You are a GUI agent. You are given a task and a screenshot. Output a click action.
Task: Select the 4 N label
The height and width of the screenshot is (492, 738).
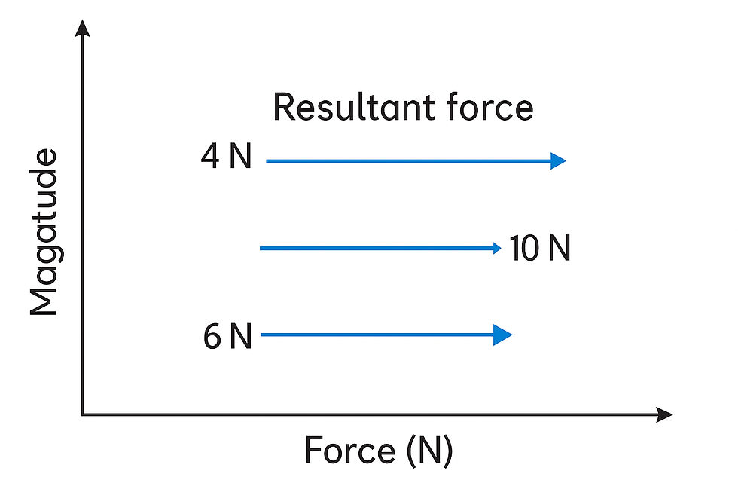226,158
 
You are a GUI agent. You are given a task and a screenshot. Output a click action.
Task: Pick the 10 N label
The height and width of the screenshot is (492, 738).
539,249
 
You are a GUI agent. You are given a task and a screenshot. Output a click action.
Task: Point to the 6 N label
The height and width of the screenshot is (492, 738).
227,337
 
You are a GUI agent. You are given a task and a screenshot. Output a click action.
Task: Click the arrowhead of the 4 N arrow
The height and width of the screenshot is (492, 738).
559,160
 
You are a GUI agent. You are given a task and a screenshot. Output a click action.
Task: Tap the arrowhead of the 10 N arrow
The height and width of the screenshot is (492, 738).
496,248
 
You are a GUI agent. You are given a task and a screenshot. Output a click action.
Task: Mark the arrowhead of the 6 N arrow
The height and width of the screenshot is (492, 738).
503,335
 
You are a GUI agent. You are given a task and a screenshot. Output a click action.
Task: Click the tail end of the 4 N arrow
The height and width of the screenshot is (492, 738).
268,160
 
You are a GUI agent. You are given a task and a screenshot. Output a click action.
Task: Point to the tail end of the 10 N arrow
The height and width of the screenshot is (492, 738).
261,248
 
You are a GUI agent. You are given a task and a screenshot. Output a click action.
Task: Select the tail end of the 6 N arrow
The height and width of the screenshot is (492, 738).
261,335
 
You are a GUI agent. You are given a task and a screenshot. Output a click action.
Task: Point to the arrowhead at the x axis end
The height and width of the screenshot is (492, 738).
664,414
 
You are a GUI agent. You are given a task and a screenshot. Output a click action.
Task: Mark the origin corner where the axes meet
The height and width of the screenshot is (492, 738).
83,414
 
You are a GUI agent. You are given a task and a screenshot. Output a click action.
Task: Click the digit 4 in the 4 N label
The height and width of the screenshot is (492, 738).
210,158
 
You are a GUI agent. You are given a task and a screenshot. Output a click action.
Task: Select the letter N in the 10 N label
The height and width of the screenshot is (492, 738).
558,249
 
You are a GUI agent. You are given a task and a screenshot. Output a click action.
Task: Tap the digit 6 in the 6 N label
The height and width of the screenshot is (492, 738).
212,337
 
